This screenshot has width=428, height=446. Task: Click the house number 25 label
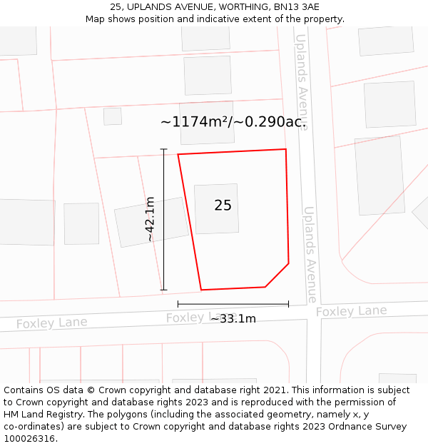click(223, 206)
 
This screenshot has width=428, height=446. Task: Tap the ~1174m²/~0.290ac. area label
click(233, 122)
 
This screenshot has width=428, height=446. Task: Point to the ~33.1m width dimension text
click(233, 319)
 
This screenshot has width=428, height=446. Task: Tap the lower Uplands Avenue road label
click(311, 254)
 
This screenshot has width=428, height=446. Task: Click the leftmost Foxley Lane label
click(51, 323)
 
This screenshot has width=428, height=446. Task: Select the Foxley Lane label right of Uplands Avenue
click(351, 311)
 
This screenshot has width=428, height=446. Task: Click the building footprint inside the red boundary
click(216, 208)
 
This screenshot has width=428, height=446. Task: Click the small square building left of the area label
click(113, 116)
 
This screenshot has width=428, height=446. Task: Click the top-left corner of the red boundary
click(178, 154)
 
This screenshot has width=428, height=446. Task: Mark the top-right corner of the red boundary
click(286, 149)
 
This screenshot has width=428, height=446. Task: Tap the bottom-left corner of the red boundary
click(201, 290)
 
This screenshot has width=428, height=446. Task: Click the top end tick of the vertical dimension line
click(163, 149)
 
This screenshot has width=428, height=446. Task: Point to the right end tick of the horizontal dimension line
click(288, 304)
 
